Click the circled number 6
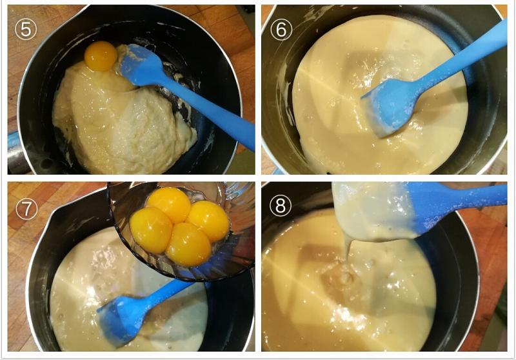point(281,29)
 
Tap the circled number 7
point(26,209)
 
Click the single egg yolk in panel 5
point(101,56)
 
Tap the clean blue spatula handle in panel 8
point(464,197)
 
